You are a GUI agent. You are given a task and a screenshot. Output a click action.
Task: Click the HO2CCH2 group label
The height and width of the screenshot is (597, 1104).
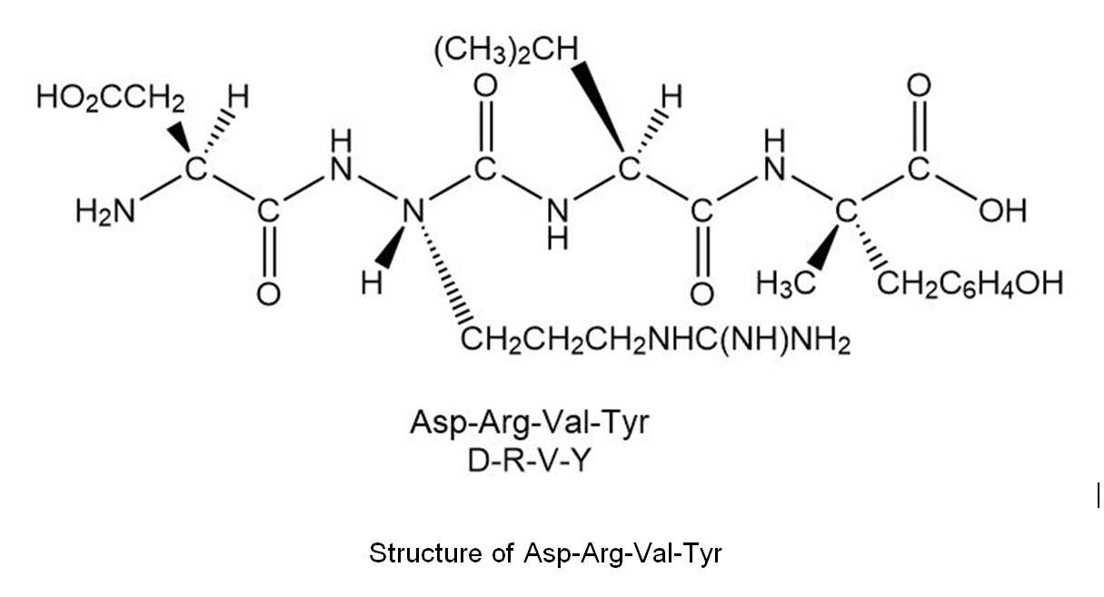pyautogui.click(x=111, y=97)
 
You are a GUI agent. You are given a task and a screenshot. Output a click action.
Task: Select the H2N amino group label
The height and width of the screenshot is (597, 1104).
pyautogui.click(x=105, y=213)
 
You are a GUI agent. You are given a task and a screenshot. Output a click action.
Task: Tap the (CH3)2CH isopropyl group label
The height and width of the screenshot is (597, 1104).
pyautogui.click(x=506, y=51)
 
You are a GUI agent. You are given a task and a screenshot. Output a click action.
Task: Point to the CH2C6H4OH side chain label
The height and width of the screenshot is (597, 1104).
pyautogui.click(x=970, y=284)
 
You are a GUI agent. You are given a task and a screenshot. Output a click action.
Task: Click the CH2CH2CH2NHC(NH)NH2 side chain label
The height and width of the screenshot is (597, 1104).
pyautogui.click(x=655, y=341)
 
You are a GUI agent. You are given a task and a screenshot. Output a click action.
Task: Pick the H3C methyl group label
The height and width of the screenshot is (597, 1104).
pyautogui.click(x=786, y=284)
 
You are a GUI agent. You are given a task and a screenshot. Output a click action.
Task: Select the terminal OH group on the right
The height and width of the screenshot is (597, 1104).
pyautogui.click(x=1002, y=212)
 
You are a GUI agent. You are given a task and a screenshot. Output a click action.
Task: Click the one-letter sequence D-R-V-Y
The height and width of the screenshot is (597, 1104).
pyautogui.click(x=528, y=462)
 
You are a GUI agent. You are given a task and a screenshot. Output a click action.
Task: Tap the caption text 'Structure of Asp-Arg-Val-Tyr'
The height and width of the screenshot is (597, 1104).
pyautogui.click(x=545, y=553)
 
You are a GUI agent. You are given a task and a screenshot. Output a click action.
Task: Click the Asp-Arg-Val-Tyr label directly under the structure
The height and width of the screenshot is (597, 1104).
pyautogui.click(x=530, y=423)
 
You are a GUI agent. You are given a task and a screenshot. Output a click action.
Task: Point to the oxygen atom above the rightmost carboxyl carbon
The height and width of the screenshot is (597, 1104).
pyautogui.click(x=919, y=85)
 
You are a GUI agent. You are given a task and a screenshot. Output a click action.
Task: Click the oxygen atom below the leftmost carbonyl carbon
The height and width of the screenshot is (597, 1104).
pyautogui.click(x=269, y=294)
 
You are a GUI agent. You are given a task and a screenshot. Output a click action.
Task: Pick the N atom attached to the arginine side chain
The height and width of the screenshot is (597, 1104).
pyautogui.click(x=413, y=212)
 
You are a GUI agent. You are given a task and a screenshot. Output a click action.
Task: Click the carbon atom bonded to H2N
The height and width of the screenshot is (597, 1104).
pyautogui.click(x=195, y=170)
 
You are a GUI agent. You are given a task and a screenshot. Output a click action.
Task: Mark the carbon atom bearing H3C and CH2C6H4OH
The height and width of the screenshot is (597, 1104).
pyautogui.click(x=846, y=212)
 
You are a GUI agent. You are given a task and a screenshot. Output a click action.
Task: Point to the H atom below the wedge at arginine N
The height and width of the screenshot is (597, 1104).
pyautogui.click(x=372, y=284)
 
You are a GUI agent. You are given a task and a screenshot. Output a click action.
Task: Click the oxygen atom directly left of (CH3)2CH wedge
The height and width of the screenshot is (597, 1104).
pyautogui.click(x=485, y=85)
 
